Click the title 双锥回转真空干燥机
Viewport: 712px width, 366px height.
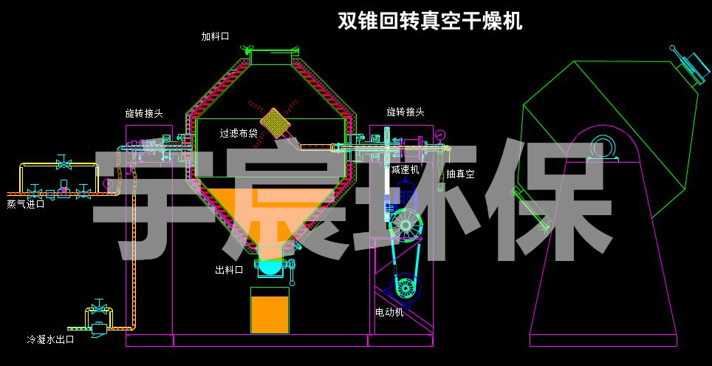point(430,20)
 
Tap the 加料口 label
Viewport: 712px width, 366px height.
point(216,36)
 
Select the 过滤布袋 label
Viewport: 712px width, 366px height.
point(239,134)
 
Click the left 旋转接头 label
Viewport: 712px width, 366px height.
point(144,113)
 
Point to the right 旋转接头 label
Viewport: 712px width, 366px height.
point(405,112)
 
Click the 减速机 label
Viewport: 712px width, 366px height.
point(405,169)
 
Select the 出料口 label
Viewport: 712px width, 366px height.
point(229,270)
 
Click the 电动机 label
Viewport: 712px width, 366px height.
point(389,312)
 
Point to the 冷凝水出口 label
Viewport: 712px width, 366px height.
point(51,339)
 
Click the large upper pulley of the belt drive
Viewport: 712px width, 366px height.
point(405,223)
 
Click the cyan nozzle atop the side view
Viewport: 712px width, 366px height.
point(688,66)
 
